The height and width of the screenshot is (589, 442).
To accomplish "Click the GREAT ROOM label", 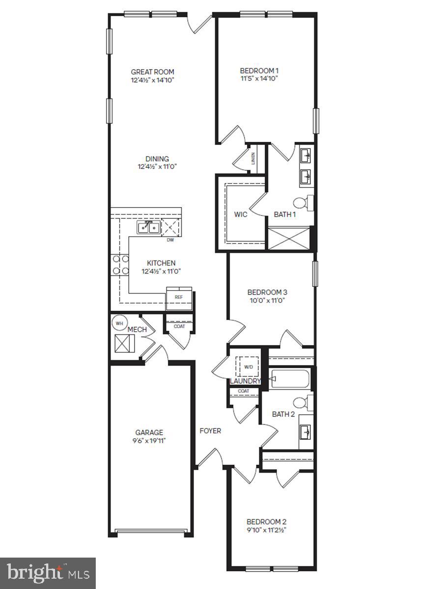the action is (x=152, y=72).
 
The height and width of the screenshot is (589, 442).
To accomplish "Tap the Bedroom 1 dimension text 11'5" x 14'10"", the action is (x=259, y=79).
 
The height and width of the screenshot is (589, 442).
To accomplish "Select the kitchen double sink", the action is (x=149, y=228).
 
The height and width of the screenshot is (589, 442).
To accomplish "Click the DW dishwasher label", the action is (x=170, y=240).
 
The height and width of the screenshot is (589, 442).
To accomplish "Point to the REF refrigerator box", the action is (x=179, y=298).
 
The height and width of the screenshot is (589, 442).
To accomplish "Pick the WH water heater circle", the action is (x=119, y=323).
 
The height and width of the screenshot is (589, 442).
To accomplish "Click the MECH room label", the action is (x=137, y=329).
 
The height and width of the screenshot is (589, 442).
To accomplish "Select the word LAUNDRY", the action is (x=245, y=381).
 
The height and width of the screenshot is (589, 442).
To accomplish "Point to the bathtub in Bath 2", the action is (x=290, y=378).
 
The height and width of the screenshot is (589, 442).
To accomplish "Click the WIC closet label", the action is (x=241, y=214).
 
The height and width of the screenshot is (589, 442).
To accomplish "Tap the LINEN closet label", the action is (x=253, y=159).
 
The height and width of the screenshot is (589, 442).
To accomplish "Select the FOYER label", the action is (x=210, y=430).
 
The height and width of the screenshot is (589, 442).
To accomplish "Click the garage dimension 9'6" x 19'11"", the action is (x=149, y=441).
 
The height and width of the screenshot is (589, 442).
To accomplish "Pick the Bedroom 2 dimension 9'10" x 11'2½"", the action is (x=267, y=530).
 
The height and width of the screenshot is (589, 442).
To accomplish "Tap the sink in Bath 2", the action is (x=305, y=432).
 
